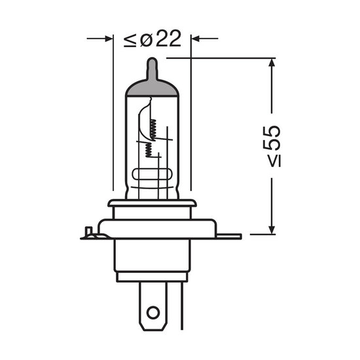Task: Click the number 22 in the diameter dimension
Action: pyautogui.click(x=169, y=39)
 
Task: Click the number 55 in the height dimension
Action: pyautogui.click(x=272, y=137)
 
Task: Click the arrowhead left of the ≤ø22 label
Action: pyautogui.click(x=109, y=39)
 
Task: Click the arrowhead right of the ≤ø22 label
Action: pyautogui.click(x=195, y=39)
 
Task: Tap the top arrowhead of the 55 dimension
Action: pyautogui.click(x=272, y=62)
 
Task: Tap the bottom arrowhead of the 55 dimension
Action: pyautogui.click(x=272, y=230)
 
